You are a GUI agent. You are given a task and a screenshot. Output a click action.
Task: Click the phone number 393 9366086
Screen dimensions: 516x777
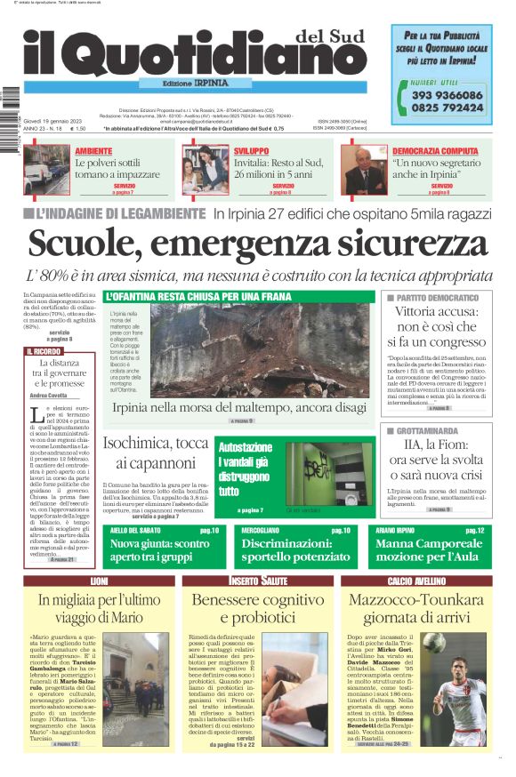click(447, 95)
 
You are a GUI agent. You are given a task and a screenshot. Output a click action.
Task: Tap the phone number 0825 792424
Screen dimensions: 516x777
click(447, 108)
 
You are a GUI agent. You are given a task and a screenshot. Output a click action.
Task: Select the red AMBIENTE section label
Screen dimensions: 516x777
click(93, 151)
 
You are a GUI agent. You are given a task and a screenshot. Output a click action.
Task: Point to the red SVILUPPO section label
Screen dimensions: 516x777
click(252, 151)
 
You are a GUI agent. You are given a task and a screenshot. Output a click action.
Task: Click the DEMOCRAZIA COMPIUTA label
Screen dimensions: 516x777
click(434, 151)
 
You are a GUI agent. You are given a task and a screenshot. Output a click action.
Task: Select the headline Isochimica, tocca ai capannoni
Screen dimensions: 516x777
click(156, 453)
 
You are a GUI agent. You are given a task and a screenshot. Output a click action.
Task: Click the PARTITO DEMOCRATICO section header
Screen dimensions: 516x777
click(438, 297)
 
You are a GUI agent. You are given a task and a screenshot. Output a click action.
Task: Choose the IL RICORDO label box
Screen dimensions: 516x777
click(44, 352)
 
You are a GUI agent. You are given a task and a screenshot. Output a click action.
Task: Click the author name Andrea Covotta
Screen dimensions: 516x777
click(49, 395)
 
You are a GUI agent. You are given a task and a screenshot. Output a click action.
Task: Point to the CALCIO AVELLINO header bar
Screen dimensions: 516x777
click(415, 581)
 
